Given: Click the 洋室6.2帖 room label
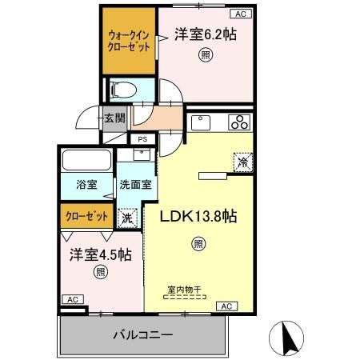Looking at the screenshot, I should (205, 34).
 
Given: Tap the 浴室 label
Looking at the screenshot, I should (86, 184).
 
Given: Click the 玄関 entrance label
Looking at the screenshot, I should (113, 118).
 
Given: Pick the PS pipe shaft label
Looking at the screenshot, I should (142, 139).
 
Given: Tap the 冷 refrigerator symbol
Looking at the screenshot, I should (242, 161).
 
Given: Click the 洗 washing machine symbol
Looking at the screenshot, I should (127, 216).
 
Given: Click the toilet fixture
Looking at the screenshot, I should (125, 88).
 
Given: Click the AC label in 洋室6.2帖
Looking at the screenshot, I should (241, 14).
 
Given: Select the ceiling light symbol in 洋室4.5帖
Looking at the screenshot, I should (100, 272).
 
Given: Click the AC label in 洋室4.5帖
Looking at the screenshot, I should (72, 299).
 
